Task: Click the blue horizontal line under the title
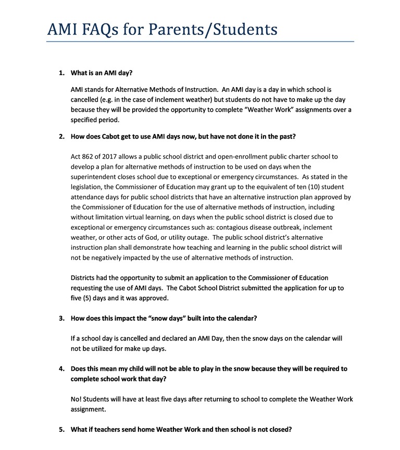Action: (x=200, y=42)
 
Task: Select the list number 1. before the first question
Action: (x=61, y=74)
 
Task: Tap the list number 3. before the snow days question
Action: (x=61, y=319)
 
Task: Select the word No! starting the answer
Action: (x=76, y=399)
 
